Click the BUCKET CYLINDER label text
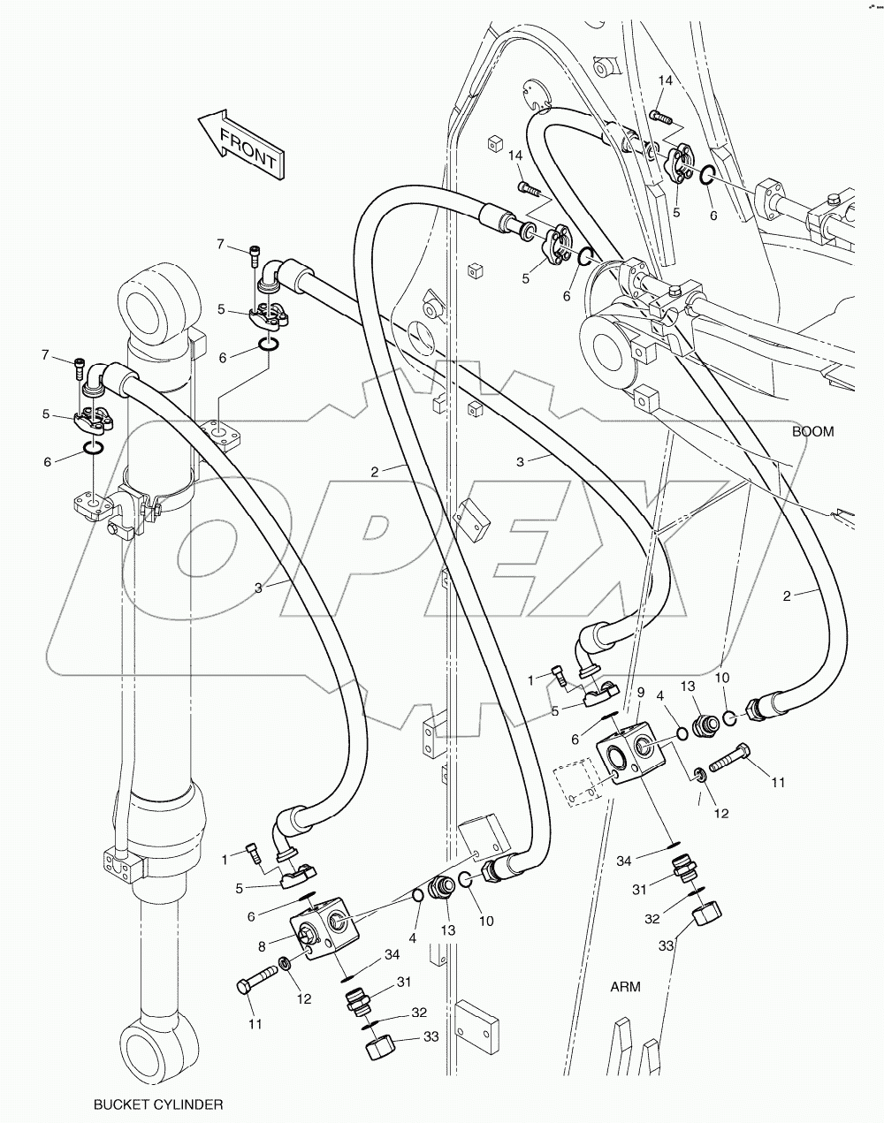point(158,1104)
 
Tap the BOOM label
point(812,432)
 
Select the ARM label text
point(625,986)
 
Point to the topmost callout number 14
point(666,81)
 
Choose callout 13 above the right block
point(688,687)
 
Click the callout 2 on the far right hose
point(787,596)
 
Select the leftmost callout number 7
point(44,355)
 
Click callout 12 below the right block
point(721,813)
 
